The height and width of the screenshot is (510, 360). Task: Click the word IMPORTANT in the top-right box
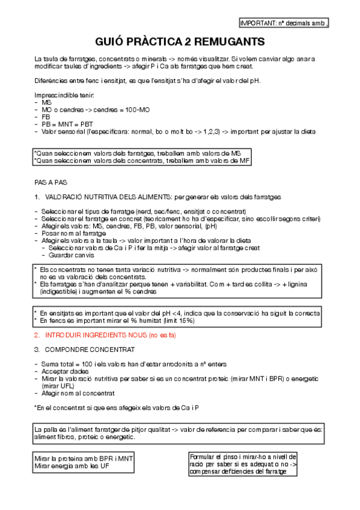256,23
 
